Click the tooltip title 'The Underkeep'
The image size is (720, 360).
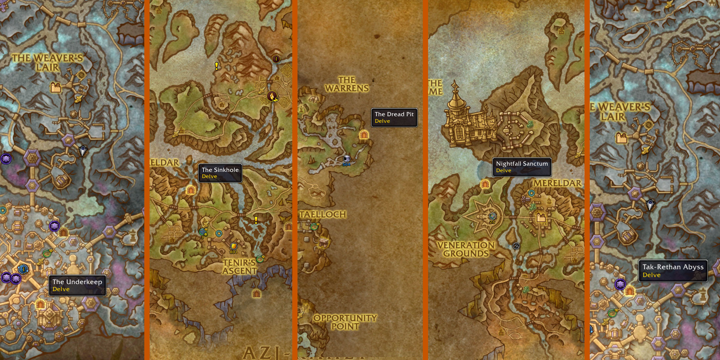click(x=77, y=282)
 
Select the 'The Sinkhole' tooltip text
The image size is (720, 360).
click(x=220, y=170)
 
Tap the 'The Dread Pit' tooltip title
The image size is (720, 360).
click(x=394, y=114)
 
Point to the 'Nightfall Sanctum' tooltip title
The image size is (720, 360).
click(x=522, y=164)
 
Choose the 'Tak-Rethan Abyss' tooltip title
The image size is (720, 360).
click(x=673, y=267)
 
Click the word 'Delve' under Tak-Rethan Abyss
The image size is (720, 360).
click(x=651, y=275)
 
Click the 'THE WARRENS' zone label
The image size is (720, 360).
click(x=347, y=84)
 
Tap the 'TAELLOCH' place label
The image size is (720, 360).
click(x=323, y=214)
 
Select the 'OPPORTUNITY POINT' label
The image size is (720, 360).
click(x=345, y=322)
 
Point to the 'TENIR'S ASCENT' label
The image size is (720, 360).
click(x=239, y=266)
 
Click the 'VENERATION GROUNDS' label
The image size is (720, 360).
click(x=466, y=249)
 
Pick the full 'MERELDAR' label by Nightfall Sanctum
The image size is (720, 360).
click(x=557, y=183)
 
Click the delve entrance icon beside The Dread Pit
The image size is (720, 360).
click(x=364, y=135)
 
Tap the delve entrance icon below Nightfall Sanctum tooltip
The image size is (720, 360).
click(x=485, y=184)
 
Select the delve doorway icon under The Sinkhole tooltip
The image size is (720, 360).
click(x=191, y=190)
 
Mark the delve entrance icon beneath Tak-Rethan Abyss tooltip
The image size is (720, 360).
click(x=629, y=291)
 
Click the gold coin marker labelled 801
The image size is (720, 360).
click(x=234, y=247)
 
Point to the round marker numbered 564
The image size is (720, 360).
click(x=347, y=159)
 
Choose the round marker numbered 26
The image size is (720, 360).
click(x=492, y=216)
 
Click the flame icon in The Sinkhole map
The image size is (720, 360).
click(x=272, y=96)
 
